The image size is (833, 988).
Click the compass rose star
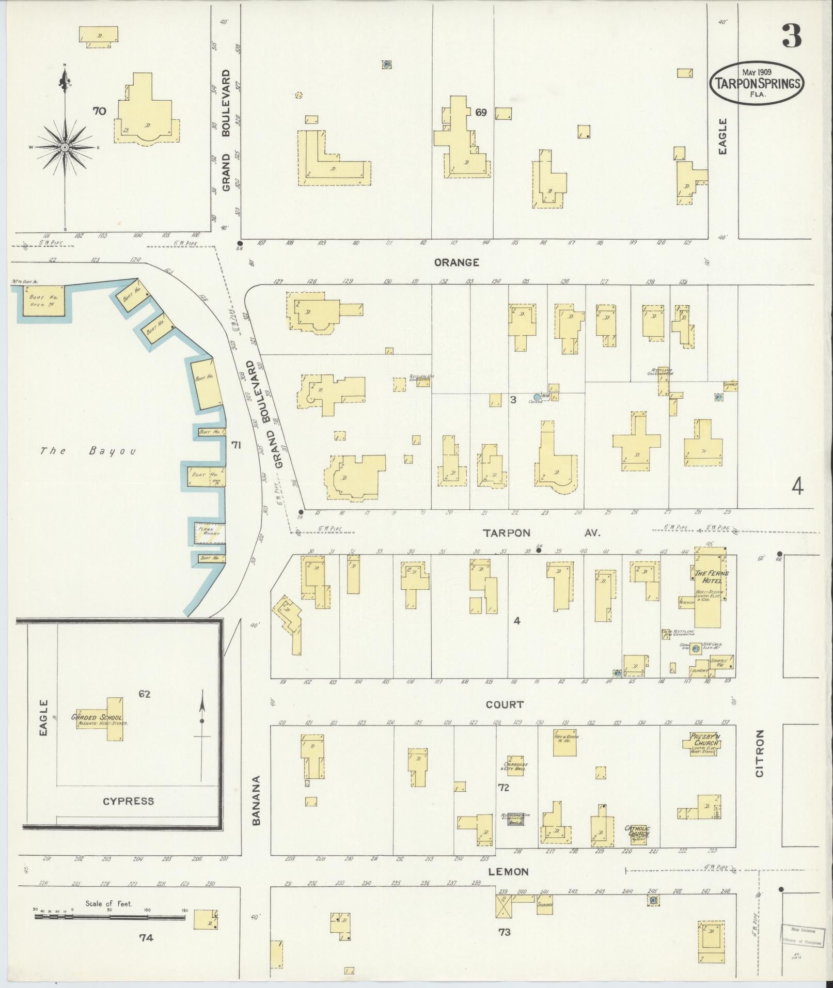pyautogui.click(x=65, y=147)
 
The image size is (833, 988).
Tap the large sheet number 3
pyautogui.click(x=791, y=36)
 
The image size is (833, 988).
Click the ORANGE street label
pyautogui.click(x=457, y=262)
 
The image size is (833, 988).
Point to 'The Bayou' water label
pyautogui.click(x=88, y=451)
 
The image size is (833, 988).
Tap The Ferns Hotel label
pyautogui.click(x=711, y=577)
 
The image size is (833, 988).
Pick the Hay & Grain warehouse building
pyautogui.click(x=564, y=743)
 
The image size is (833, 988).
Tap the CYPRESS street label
pyautogui.click(x=128, y=801)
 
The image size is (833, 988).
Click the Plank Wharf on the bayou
pyautogui.click(x=208, y=533)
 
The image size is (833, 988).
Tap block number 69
pyautogui.click(x=481, y=112)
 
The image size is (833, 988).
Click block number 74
pyautogui.click(x=146, y=937)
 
